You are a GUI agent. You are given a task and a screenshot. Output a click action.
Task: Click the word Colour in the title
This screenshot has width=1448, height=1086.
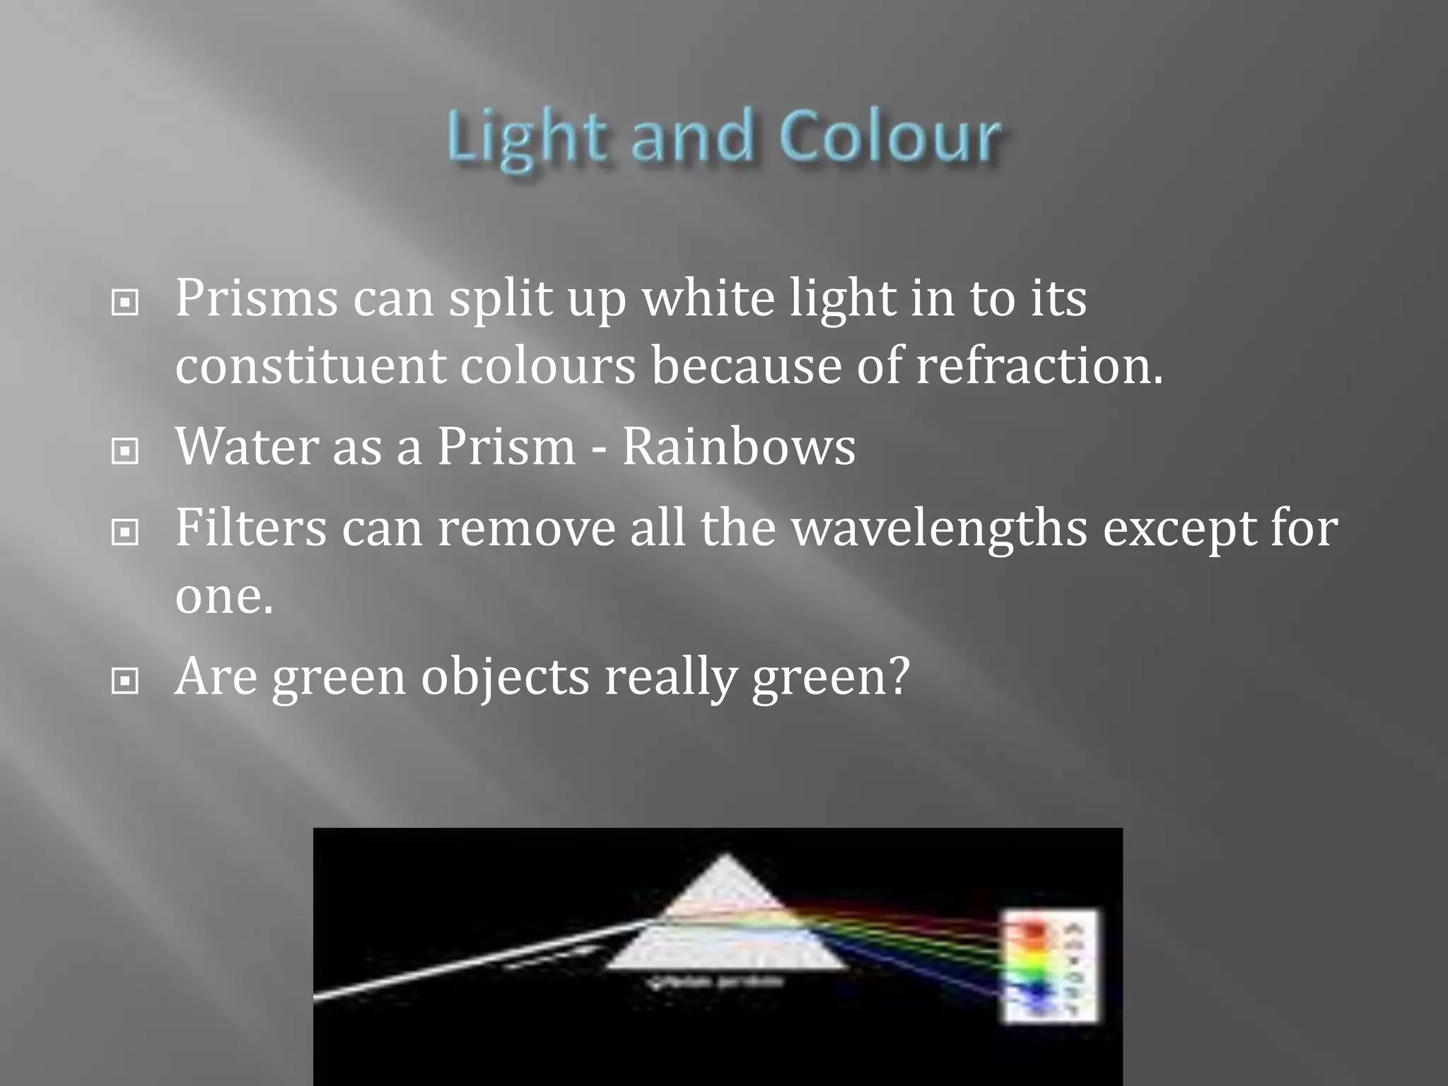pos(890,137)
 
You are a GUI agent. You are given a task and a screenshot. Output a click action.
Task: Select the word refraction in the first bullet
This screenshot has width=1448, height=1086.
pos(1039,366)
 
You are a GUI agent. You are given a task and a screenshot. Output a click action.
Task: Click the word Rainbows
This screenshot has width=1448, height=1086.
pos(738,447)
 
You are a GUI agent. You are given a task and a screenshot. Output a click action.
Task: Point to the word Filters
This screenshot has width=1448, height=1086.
pos(251,527)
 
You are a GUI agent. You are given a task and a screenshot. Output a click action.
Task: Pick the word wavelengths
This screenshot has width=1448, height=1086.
pos(939,527)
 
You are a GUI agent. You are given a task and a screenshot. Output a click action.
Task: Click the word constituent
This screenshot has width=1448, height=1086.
pos(310,366)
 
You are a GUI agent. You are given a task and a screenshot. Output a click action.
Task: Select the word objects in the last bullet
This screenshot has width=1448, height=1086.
pos(505,677)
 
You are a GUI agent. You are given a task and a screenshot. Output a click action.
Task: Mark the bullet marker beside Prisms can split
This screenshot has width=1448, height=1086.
pos(125,303)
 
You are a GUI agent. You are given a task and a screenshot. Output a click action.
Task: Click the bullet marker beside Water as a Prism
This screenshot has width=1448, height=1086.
pos(125,451)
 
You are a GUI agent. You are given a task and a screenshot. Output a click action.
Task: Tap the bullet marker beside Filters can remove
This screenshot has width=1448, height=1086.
pos(125,532)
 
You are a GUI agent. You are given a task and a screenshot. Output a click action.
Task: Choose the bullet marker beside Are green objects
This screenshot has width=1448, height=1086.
pos(125,682)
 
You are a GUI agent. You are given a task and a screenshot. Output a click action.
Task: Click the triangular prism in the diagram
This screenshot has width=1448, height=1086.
pos(726,919)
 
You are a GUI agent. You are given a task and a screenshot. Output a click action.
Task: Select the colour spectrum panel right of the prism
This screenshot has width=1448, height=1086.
pos(1051,966)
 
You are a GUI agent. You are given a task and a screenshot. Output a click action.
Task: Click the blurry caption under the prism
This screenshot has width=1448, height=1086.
pos(715,982)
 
